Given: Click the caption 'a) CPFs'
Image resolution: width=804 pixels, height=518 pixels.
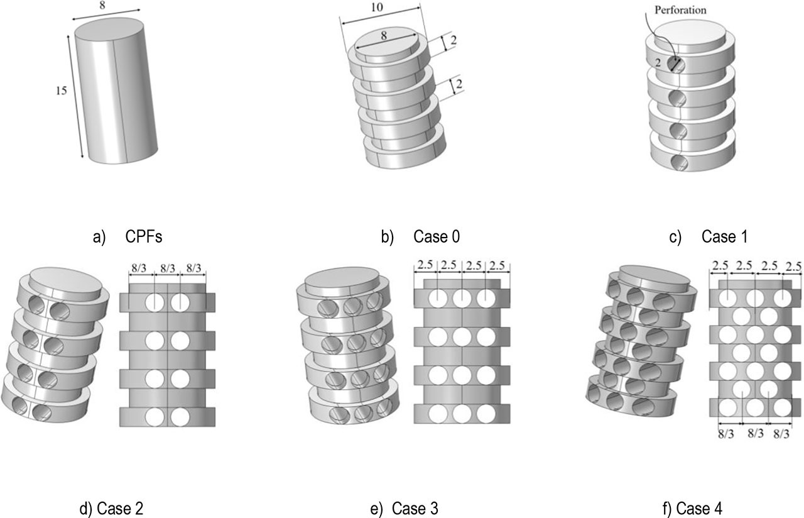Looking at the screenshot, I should pos(128,238).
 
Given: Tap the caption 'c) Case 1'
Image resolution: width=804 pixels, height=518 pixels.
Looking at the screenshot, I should pos(712,238).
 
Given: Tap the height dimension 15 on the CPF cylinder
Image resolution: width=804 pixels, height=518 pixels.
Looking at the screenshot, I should pos(60,91).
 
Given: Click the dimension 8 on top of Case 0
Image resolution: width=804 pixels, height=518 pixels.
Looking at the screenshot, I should pos(384,35).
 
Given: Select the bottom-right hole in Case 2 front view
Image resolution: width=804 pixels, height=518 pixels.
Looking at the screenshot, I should pos(180,416).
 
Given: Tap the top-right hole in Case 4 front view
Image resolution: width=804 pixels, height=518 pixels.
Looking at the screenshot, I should pos(782,299).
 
